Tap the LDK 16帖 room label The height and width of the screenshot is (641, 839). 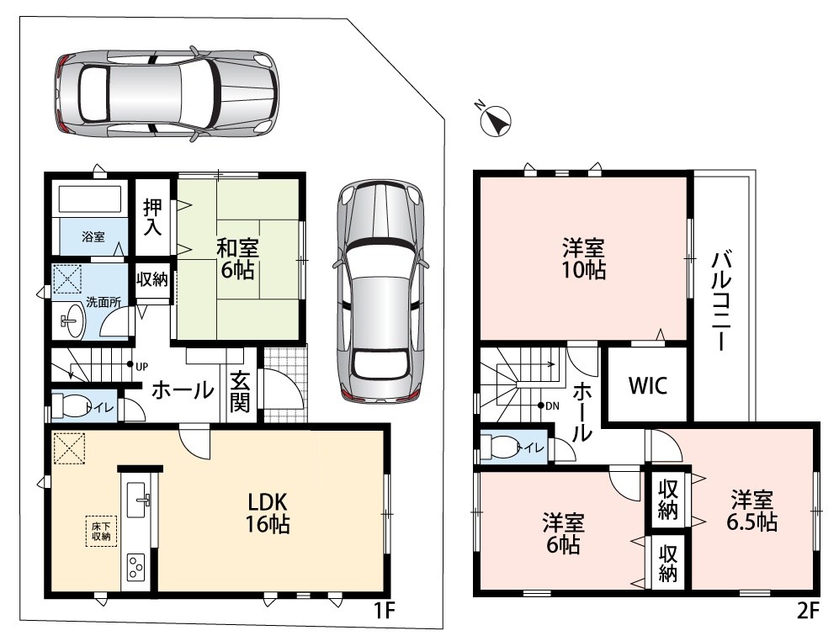click(x=268, y=513)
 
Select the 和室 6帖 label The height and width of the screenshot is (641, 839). click(x=237, y=259)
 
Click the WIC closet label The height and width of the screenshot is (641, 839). click(x=647, y=385)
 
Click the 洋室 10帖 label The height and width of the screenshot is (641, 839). click(x=584, y=259)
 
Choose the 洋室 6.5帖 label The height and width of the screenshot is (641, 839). click(x=751, y=511)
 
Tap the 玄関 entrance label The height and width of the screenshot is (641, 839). click(x=240, y=391)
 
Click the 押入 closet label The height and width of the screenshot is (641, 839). click(x=152, y=217)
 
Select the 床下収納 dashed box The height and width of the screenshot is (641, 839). click(x=101, y=531)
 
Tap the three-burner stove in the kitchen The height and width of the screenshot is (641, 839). click(x=136, y=567)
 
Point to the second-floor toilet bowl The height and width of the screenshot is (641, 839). click(x=499, y=446)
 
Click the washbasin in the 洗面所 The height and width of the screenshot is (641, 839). click(x=72, y=320)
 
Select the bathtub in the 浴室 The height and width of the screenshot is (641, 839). click(x=90, y=199)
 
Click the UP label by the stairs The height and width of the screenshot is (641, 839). click(x=141, y=367)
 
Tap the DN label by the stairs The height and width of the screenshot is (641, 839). click(x=553, y=406)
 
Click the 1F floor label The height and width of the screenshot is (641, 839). click(x=383, y=611)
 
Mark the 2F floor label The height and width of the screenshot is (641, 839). click(x=807, y=611)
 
